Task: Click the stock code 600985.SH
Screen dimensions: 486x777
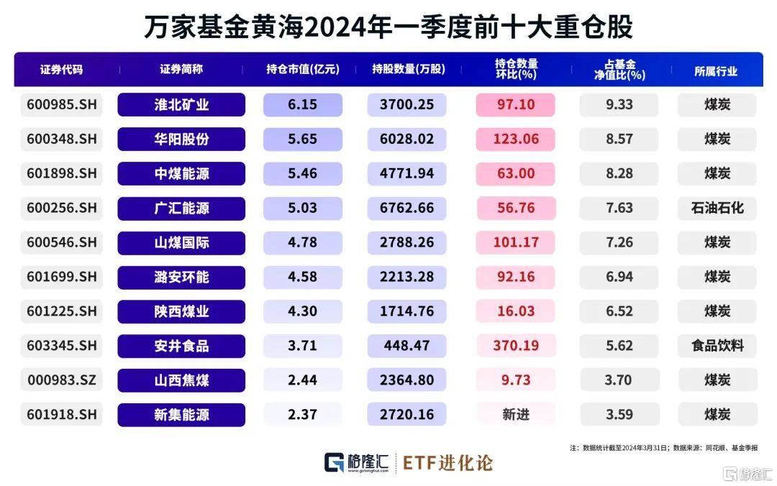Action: coord(61,105)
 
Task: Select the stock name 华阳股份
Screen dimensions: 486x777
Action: coord(181,139)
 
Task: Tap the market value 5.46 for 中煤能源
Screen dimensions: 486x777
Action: coord(302,174)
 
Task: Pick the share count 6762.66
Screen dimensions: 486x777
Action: coord(406,208)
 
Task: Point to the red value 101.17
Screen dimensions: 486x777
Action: coord(515,242)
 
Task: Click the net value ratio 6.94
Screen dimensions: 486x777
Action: coord(619,277)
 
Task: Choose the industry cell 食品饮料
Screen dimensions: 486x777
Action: coord(716,346)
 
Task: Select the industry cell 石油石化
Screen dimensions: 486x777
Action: coord(716,208)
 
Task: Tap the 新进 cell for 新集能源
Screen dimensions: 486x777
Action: coord(515,415)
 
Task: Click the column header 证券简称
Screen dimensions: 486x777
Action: coord(181,70)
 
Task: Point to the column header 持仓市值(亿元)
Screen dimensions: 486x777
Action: coord(302,70)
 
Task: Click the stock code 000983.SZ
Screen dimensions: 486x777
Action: coord(61,380)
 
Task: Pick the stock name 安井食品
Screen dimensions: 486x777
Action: coord(181,346)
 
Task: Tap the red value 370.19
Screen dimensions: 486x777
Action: coord(515,346)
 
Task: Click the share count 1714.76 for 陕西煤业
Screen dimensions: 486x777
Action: coord(406,311)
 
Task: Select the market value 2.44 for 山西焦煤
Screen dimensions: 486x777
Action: coord(302,380)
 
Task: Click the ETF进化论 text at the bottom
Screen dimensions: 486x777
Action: coord(447,462)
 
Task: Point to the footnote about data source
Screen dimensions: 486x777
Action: coord(663,447)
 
